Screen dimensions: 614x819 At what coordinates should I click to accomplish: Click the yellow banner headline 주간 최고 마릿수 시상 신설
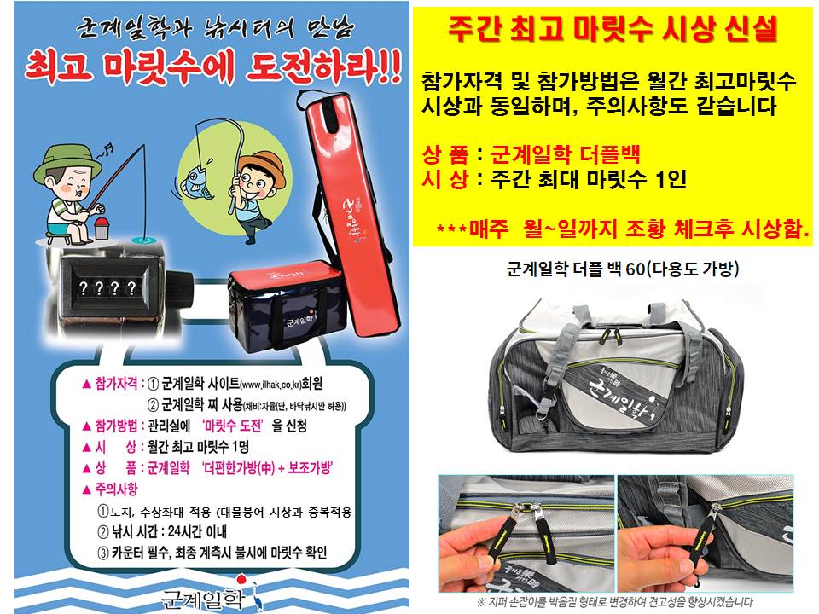[613, 32]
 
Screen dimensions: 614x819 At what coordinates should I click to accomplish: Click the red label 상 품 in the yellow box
[445, 156]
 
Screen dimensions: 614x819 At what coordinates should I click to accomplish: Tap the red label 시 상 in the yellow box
[445, 180]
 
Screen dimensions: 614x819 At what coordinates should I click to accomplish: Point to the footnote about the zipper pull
[612, 602]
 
